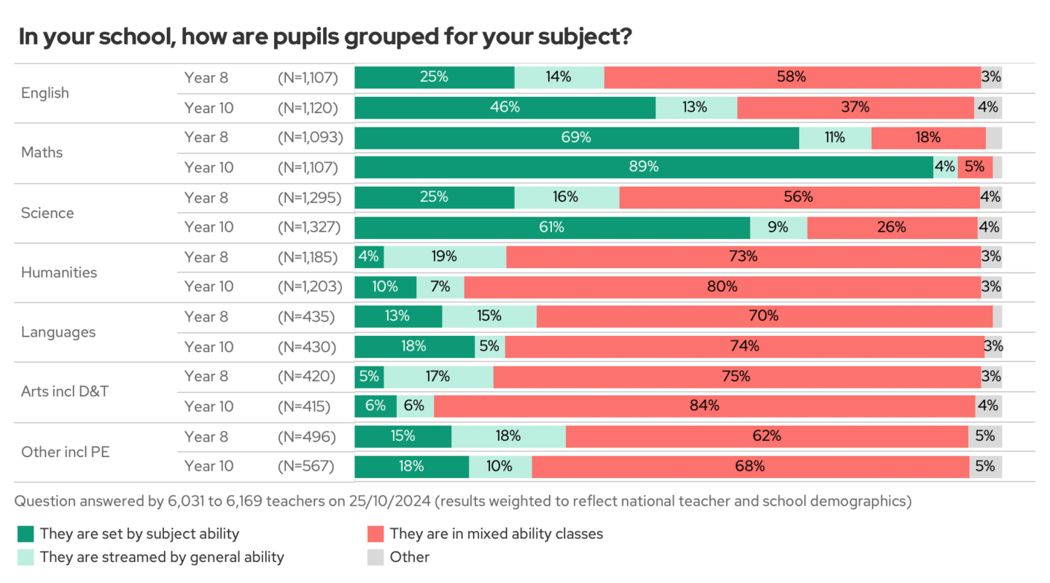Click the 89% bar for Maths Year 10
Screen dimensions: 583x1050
[644, 167]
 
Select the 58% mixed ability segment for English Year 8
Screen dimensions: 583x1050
[792, 77]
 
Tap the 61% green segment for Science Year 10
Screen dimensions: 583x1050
[552, 227]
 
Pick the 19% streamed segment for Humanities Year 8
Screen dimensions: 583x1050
[445, 257]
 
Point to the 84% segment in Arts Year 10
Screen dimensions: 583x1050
[704, 406]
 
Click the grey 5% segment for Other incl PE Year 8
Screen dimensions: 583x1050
[985, 436]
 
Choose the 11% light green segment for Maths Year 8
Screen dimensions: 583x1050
[835, 137]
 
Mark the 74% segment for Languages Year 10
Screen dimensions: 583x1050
[744, 346]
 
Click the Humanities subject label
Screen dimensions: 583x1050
[59, 272]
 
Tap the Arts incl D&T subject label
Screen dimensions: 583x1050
[65, 391]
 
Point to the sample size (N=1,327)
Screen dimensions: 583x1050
[310, 227]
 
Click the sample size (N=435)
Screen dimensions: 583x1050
[306, 316]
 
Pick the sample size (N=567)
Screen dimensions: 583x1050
[306, 466]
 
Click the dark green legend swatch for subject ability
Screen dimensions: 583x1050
[26, 533]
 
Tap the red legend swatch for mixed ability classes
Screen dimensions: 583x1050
[376, 533]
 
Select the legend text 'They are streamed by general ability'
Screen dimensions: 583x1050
[162, 557]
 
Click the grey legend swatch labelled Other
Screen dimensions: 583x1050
[376, 557]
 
